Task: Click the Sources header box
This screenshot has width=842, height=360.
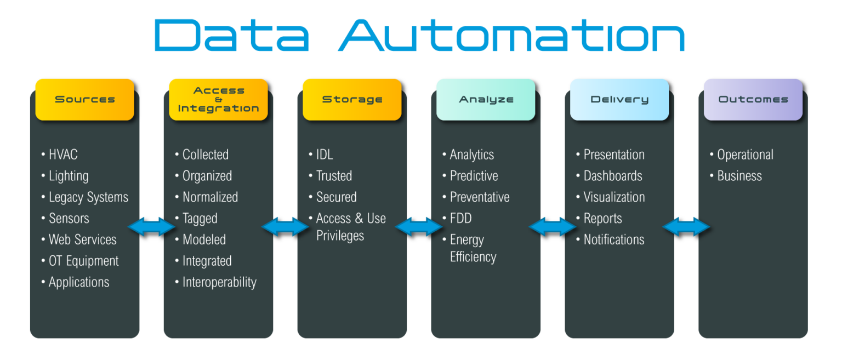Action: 84,99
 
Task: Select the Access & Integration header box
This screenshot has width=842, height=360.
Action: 218,99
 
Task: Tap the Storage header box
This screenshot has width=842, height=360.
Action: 352,99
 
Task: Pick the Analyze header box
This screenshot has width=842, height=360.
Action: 486,99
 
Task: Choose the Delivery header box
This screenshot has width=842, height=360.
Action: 619,99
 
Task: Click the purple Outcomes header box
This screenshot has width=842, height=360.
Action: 753,99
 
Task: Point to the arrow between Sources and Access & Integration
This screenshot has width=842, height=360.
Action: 151,226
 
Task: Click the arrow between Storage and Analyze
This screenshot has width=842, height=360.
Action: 419,226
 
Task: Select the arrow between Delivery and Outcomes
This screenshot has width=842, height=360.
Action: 686,226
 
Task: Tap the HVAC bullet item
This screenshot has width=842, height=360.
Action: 62,155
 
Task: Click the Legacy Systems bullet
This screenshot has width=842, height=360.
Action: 88,197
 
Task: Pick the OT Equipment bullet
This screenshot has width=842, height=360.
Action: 83,261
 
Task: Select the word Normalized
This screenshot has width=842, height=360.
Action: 210,197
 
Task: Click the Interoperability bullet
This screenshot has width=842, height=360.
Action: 219,282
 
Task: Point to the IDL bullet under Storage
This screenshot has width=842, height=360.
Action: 324,155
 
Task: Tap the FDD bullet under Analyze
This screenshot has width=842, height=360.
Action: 460,218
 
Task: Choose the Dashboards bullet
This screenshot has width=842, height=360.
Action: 612,176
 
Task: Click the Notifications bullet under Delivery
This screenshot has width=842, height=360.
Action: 613,239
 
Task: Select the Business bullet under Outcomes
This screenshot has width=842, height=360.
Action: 739,176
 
